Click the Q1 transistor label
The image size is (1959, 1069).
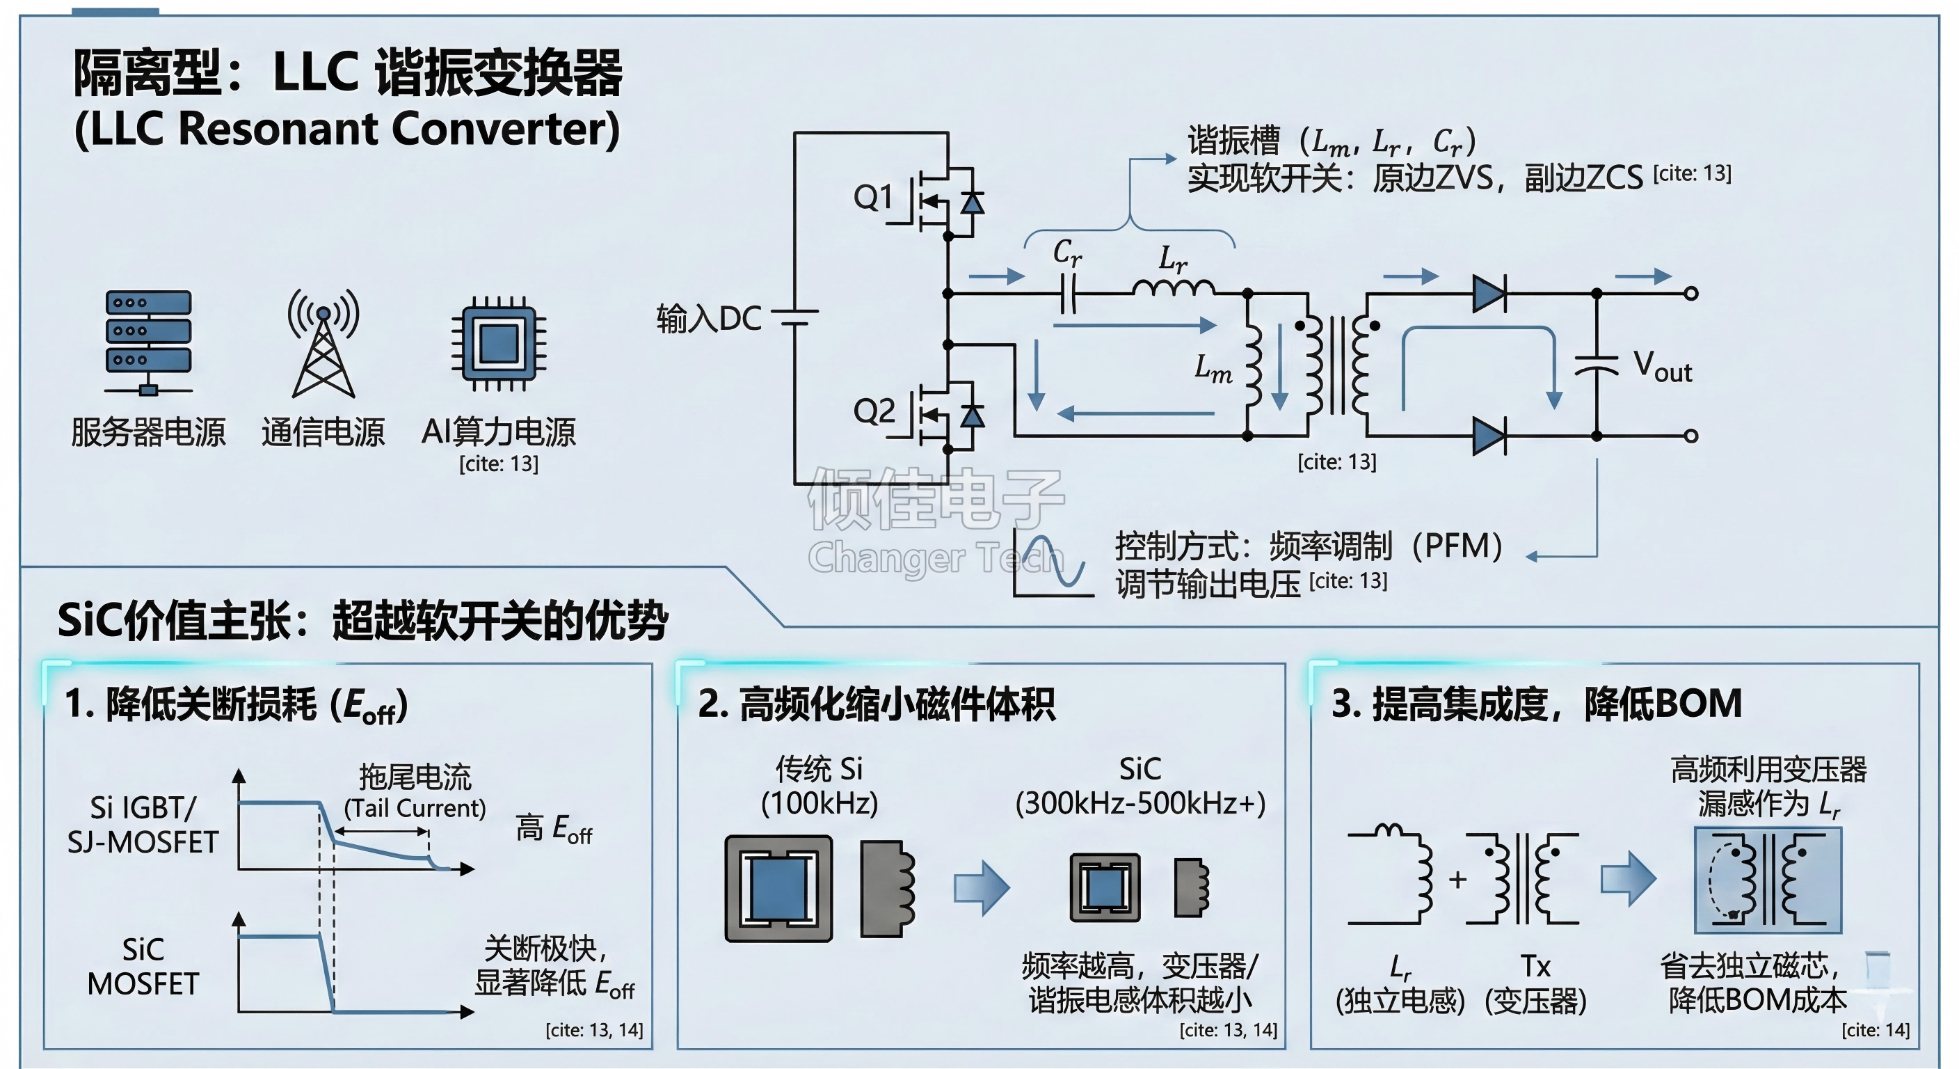pyautogui.click(x=873, y=197)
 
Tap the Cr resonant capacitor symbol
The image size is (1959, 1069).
pyautogui.click(x=1068, y=293)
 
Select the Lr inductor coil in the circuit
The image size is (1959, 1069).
pyautogui.click(x=1173, y=287)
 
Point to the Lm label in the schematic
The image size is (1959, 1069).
pyautogui.click(x=1213, y=368)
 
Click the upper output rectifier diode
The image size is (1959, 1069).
pyautogui.click(x=1488, y=293)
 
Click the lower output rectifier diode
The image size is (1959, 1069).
pyautogui.click(x=1488, y=436)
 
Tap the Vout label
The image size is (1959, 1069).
pyautogui.click(x=1663, y=367)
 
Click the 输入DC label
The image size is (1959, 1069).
pyautogui.click(x=709, y=319)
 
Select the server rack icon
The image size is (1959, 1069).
pyautogui.click(x=148, y=342)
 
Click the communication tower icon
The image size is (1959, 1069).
pyautogui.click(x=323, y=342)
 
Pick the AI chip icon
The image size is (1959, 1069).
pyautogui.click(x=499, y=343)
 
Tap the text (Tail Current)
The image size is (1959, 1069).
pyautogui.click(x=415, y=808)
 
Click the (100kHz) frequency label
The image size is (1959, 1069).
pyautogui.click(x=819, y=803)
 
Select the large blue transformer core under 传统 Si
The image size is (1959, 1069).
pyautogui.click(x=778, y=888)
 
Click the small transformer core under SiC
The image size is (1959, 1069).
pyautogui.click(x=1104, y=887)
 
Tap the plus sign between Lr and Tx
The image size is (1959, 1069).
pyautogui.click(x=1457, y=880)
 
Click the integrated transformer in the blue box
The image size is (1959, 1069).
pyautogui.click(x=1768, y=880)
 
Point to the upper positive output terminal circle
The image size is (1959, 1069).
pyautogui.click(x=1690, y=293)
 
